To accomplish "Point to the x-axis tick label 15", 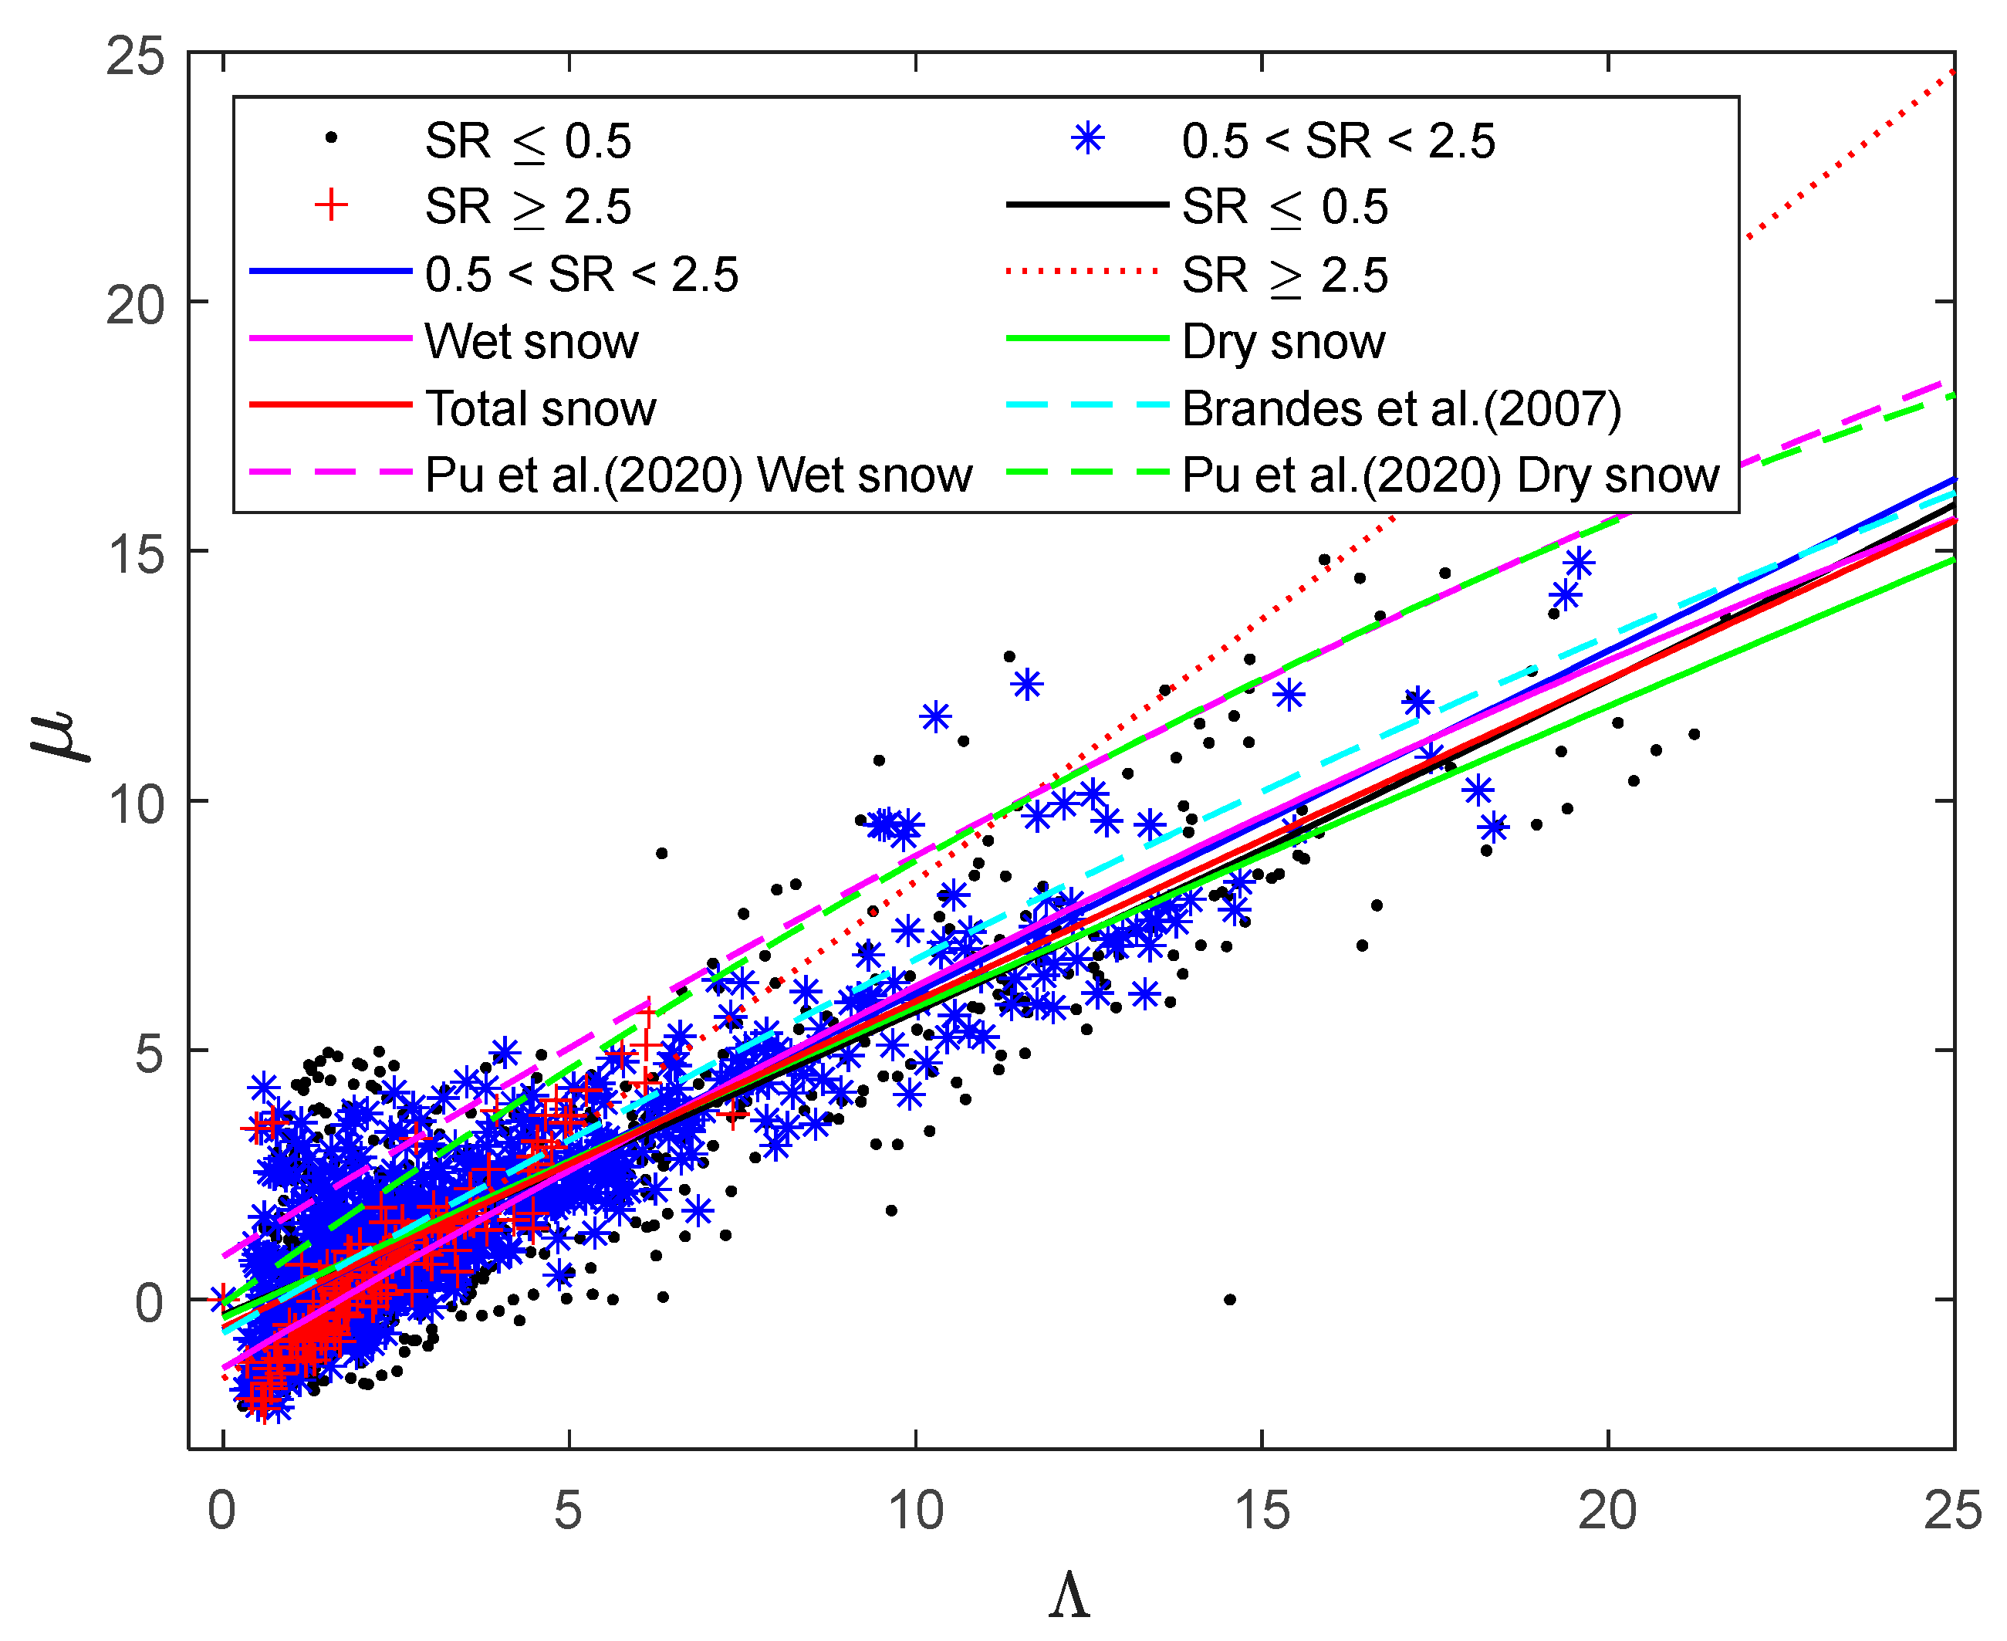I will click(1262, 1511).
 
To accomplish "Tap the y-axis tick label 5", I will click(149, 1053).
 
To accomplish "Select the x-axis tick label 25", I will click(1953, 1511).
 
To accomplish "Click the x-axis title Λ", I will click(1069, 1595).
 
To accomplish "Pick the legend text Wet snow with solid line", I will click(531, 341).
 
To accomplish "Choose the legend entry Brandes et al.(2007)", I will click(1401, 408).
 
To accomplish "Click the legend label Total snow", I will click(540, 408).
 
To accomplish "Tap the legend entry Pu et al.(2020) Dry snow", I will click(1449, 475).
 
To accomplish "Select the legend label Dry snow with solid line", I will click(1282, 341).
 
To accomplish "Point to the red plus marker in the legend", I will click(332, 205).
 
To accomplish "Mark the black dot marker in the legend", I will click(332, 138).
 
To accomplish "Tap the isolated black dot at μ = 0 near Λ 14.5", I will click(1229, 1300).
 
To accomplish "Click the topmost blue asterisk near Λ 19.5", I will click(1579, 563).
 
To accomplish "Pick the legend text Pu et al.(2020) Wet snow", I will click(698, 475).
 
